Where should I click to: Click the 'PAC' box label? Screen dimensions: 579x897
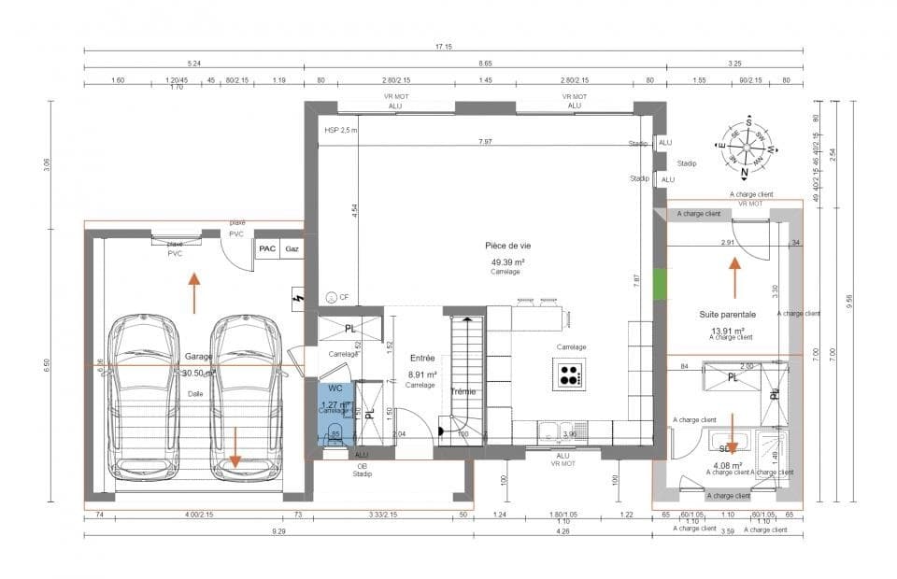pyautogui.click(x=267, y=249)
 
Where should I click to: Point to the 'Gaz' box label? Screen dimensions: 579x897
pyautogui.click(x=292, y=249)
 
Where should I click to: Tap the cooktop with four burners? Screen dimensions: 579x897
pyautogui.click(x=569, y=375)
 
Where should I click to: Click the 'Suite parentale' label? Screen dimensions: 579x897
pyautogui.click(x=726, y=315)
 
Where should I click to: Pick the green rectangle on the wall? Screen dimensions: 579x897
pyautogui.click(x=660, y=284)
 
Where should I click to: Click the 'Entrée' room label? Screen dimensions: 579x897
pyautogui.click(x=421, y=358)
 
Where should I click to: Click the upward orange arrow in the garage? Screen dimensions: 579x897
pyautogui.click(x=193, y=290)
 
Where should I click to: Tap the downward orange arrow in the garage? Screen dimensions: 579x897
pyautogui.click(x=235, y=447)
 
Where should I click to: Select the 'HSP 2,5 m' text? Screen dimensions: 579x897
pyautogui.click(x=340, y=131)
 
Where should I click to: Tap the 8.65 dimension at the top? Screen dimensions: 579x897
pyautogui.click(x=485, y=64)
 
